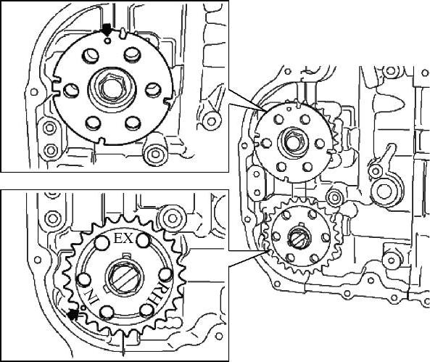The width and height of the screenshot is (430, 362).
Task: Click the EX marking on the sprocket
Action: point(123,239)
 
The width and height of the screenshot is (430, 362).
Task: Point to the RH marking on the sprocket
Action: point(153,292)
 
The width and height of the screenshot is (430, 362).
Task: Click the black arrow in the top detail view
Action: point(107,29)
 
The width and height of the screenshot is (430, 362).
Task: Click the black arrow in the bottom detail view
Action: point(73,314)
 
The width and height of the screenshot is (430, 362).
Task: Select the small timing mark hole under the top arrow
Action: point(108,41)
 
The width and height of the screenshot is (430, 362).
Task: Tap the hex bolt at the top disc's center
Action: point(112,89)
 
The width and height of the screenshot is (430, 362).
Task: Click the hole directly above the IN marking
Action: point(83,279)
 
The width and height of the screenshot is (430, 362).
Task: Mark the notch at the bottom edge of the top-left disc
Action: point(102,141)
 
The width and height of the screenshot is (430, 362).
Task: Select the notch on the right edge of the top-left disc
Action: point(168,101)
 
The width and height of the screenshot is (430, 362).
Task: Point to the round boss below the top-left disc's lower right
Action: point(154,153)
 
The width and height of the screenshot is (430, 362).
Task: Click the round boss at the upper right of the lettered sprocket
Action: point(173,219)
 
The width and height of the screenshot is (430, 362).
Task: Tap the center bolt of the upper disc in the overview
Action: point(292,143)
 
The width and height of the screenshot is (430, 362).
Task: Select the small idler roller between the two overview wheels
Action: point(334,197)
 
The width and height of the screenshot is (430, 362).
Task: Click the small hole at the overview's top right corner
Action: point(426,73)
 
